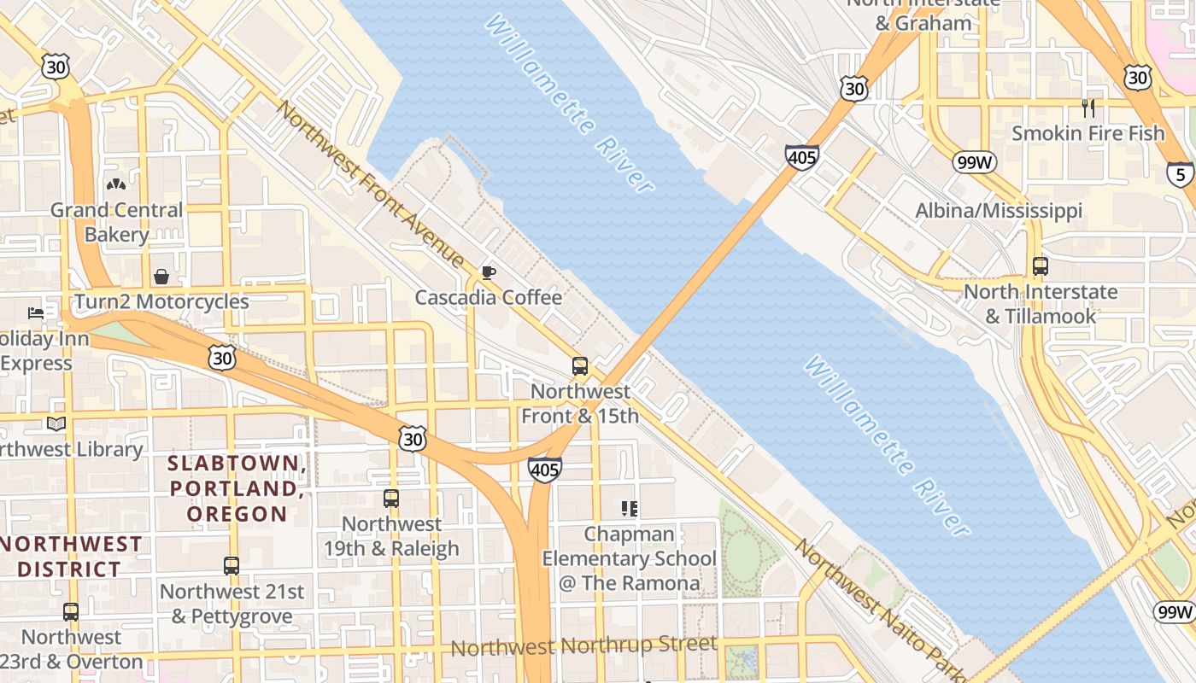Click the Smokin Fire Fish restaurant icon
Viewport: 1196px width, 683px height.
click(1088, 108)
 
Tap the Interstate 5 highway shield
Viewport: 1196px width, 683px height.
click(1180, 174)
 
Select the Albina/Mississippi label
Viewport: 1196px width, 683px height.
click(999, 211)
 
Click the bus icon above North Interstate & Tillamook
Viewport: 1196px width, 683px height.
click(1040, 266)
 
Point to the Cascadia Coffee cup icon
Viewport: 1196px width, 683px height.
click(488, 272)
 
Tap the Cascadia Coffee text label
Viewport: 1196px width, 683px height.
click(488, 297)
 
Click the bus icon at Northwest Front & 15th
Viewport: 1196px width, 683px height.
click(579, 366)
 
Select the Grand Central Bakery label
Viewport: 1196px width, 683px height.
click(116, 222)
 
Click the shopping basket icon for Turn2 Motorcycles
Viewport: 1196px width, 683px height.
click(161, 277)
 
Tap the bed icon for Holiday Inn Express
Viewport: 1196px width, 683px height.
click(36, 313)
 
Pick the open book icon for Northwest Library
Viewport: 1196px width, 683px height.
click(56, 424)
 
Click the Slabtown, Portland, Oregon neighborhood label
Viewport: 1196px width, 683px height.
click(237, 488)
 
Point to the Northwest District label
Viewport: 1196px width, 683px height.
click(70, 557)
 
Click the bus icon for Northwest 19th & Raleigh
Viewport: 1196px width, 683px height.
click(390, 499)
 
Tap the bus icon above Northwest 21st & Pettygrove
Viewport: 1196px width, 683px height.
click(231, 566)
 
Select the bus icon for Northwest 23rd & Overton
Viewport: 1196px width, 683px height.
click(71, 612)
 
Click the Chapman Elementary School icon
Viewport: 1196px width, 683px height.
click(630, 510)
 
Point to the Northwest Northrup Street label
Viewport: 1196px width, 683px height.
click(583, 645)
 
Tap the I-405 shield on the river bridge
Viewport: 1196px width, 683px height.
click(801, 157)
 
